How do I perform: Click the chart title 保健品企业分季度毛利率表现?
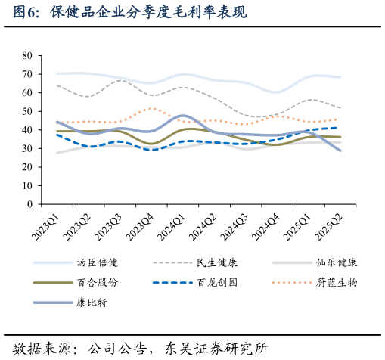click(144, 13)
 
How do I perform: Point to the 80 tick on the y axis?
click(27, 56)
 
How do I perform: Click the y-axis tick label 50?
click(27, 111)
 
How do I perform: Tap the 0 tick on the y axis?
click(29, 204)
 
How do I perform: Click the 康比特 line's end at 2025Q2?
click(340, 151)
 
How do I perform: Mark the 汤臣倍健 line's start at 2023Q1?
click(57, 73)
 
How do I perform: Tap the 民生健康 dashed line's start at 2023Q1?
click(57, 85)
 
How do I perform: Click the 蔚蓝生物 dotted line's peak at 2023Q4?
click(152, 108)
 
